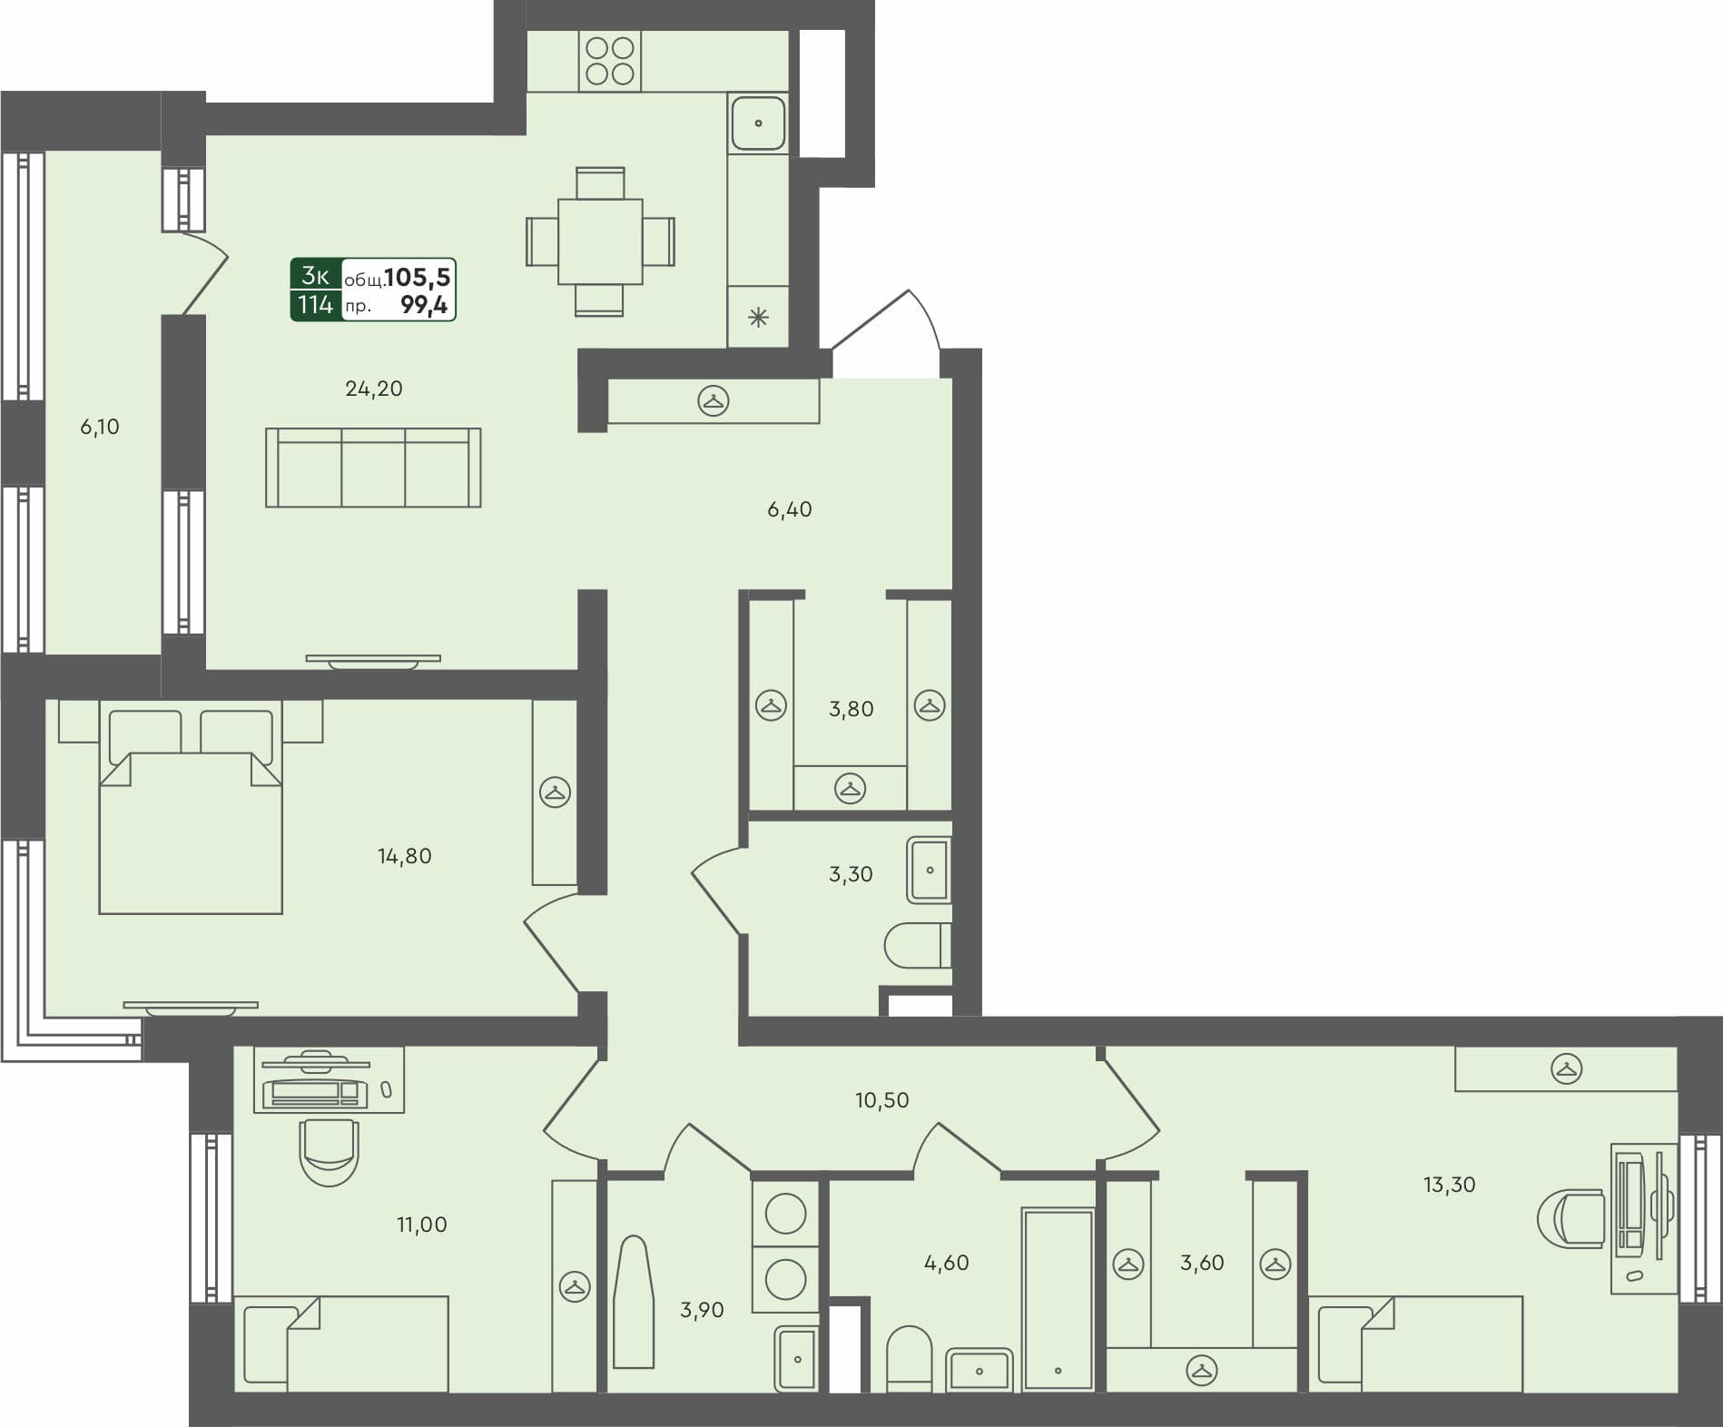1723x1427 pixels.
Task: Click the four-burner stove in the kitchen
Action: [x=609, y=61]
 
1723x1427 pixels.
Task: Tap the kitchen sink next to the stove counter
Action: [x=758, y=123]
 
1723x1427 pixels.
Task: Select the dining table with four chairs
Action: [x=600, y=241]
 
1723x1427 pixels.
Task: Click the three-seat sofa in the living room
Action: [x=373, y=468]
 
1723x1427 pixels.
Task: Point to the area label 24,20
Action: [x=373, y=389]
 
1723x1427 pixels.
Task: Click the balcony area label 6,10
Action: [x=100, y=427]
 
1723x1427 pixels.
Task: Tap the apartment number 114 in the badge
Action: [x=315, y=305]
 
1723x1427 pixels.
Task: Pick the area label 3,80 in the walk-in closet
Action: [x=851, y=709]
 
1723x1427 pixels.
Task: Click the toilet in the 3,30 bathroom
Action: [x=917, y=946]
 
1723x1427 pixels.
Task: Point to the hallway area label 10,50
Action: [x=881, y=1100]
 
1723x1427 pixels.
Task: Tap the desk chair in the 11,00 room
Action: [x=328, y=1151]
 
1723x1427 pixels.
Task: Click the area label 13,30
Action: [x=1449, y=1185]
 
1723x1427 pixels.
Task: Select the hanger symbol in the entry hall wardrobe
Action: [x=714, y=400]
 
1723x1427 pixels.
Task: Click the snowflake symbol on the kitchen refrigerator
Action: [x=758, y=318]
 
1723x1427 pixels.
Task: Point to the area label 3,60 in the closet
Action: [x=1202, y=1263]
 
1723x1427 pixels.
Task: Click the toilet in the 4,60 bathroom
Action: [x=909, y=1358]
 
